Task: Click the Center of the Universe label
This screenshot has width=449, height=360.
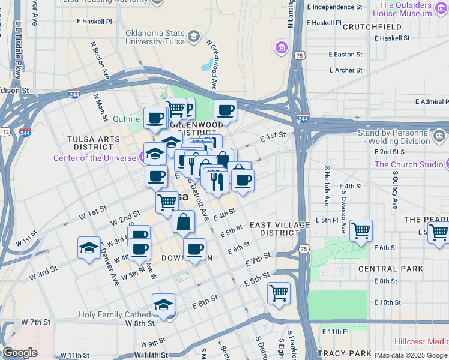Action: tap(95, 158)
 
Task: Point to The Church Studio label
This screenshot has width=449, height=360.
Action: tap(409, 164)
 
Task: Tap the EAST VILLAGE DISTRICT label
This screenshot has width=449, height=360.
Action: tap(280, 229)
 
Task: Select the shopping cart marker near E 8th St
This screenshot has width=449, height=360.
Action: tap(279, 293)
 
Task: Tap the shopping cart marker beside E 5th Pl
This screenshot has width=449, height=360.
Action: tap(361, 230)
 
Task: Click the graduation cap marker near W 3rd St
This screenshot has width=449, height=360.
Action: tap(89, 248)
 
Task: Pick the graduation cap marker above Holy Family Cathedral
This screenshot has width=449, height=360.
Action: tap(163, 304)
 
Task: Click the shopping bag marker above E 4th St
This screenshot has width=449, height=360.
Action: tap(183, 222)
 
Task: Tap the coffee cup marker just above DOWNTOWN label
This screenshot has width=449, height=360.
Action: tap(194, 249)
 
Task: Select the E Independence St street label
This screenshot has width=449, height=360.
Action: tap(334, 7)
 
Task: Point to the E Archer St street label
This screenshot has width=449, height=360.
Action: tap(345, 70)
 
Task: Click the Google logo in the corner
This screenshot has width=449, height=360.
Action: tap(20, 353)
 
